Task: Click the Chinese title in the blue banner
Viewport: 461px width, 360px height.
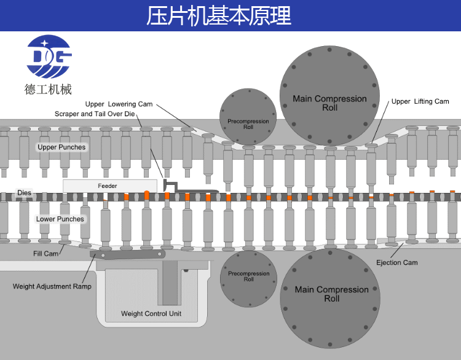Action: click(218, 15)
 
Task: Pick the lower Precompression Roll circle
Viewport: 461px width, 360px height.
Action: click(248, 278)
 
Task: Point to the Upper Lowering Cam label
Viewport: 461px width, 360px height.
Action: click(119, 104)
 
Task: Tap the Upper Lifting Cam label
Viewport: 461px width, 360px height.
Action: click(420, 101)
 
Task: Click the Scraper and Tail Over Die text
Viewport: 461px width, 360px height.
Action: click(94, 114)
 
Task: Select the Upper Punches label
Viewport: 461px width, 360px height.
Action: click(61, 147)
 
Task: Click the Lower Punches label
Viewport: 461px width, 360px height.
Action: click(60, 219)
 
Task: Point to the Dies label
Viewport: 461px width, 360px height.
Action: click(24, 193)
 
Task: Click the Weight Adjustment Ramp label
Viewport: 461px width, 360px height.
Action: click(52, 286)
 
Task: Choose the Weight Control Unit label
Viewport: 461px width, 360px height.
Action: click(151, 314)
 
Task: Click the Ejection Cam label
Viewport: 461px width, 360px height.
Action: click(396, 263)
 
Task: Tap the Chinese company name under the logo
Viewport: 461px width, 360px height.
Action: click(49, 90)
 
